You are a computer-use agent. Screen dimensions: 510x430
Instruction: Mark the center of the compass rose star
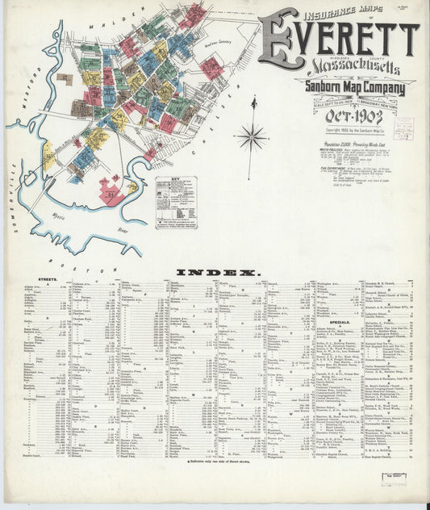[x=253, y=136]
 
